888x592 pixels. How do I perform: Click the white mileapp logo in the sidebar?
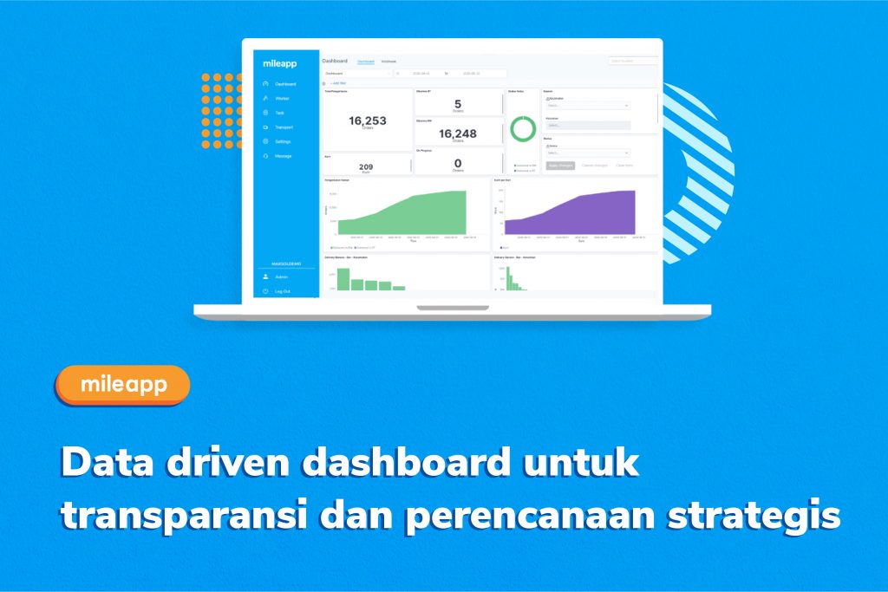click(x=280, y=63)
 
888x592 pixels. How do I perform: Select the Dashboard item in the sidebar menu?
click(x=285, y=84)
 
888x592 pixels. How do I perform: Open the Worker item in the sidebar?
click(x=283, y=99)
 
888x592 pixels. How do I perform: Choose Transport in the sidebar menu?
click(x=284, y=127)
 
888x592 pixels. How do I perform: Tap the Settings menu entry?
click(x=283, y=141)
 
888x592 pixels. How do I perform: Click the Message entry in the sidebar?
click(x=283, y=156)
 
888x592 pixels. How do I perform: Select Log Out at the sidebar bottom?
click(x=282, y=291)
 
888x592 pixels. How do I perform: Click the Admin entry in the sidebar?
click(x=281, y=276)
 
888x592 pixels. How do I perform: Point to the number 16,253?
click(x=368, y=121)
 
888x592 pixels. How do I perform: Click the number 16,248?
click(x=457, y=133)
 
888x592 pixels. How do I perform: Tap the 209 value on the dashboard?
click(x=366, y=166)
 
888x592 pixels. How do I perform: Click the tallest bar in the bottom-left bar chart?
click(x=343, y=278)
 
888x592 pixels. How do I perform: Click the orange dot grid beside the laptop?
click(x=221, y=111)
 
